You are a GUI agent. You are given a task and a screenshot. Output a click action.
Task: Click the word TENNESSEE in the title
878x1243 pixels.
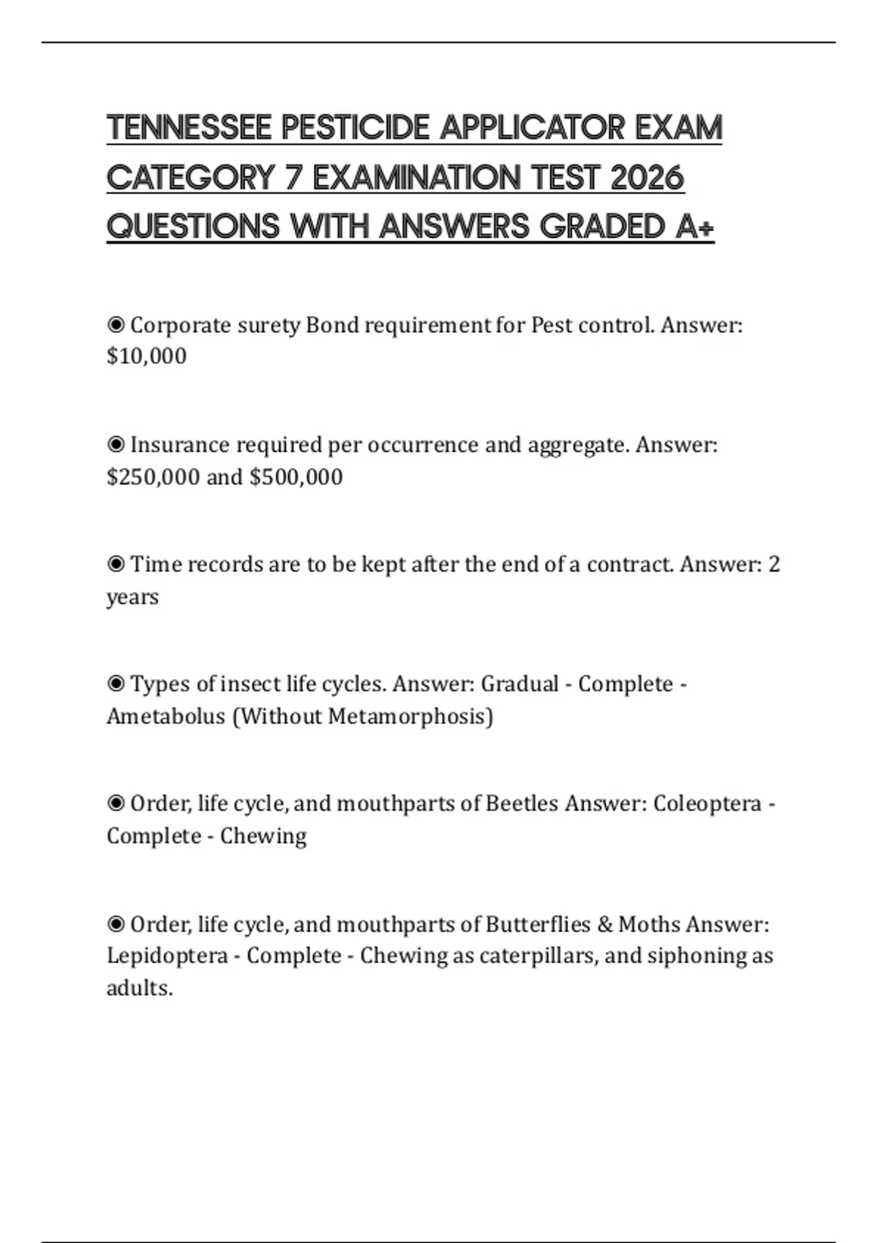pos(190,128)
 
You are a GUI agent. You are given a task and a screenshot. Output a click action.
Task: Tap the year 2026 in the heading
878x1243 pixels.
pos(646,178)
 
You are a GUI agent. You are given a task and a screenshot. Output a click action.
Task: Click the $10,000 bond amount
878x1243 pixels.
pos(146,356)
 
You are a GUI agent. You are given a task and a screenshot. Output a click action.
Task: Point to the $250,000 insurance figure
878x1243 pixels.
pos(153,477)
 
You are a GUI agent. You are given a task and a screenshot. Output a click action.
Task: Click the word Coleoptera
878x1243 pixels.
pos(708,804)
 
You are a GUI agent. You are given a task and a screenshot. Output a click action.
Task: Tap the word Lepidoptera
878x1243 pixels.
pos(167,956)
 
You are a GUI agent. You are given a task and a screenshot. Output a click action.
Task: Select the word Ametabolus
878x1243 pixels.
pos(166,716)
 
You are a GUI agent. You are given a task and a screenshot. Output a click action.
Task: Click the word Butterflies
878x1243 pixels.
pos(538,924)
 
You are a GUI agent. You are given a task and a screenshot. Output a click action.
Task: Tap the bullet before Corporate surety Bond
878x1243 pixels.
pos(116,325)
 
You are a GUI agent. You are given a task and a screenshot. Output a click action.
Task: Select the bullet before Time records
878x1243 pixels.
pos(116,564)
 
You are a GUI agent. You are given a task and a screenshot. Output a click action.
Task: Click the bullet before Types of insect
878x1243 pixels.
pos(116,684)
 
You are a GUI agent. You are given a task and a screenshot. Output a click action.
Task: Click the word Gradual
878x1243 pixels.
pos(519,684)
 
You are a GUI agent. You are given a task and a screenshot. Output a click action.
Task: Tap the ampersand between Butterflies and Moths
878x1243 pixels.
pos(604,924)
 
